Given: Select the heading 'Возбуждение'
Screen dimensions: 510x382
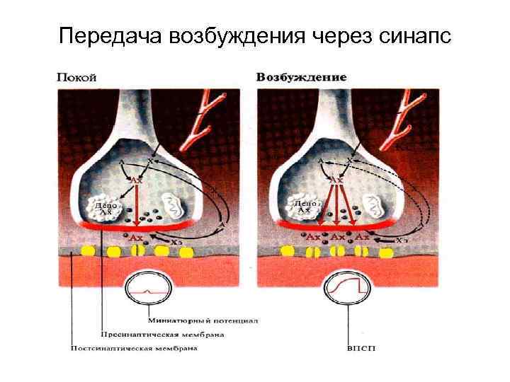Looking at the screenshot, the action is [x=301, y=76].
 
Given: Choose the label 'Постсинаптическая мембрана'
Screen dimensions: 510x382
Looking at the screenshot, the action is [x=134, y=348].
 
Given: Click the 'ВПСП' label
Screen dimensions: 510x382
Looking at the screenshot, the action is [x=358, y=348].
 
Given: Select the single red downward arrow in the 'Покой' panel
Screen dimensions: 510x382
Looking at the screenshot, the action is [x=135, y=205].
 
